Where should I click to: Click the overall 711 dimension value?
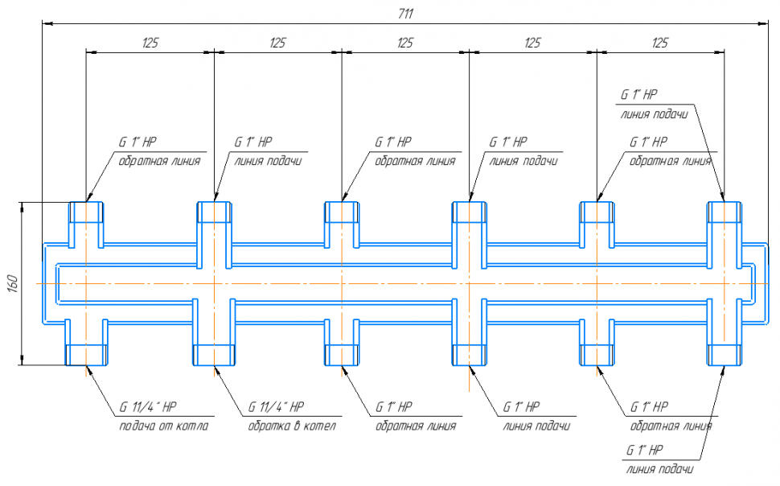pyautogui.click(x=405, y=14)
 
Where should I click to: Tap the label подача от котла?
pyautogui.click(x=163, y=426)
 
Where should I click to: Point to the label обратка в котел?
pyautogui.click(x=291, y=426)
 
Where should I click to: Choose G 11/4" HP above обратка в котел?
pyautogui.click(x=276, y=406)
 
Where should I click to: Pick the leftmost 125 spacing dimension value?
pyautogui.click(x=150, y=43)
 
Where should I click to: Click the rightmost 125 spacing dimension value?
pyautogui.click(x=660, y=43)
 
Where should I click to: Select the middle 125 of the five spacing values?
pyautogui.click(x=405, y=43)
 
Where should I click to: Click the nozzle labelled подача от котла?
pyautogui.click(x=85, y=354)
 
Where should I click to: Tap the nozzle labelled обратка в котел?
pyautogui.click(x=214, y=354)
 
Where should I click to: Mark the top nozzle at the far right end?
pyautogui.click(x=725, y=212)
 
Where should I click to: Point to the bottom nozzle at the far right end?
pyautogui.click(x=725, y=354)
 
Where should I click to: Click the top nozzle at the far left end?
pyautogui.click(x=85, y=212)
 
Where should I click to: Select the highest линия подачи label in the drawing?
pyautogui.click(x=654, y=113)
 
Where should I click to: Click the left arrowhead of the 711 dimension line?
pyautogui.click(x=47, y=24)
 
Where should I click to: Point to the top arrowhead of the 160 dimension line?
pyautogui.click(x=22, y=206)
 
